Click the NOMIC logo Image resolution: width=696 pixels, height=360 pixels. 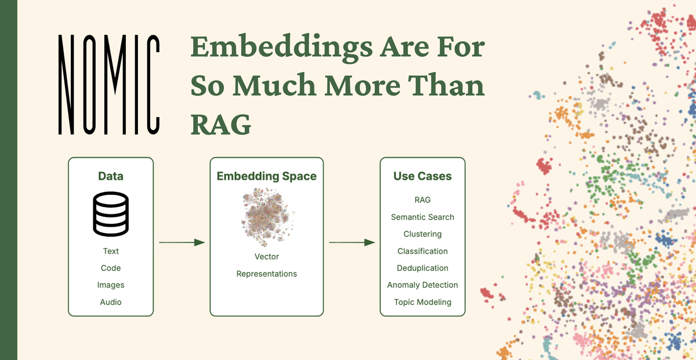[x=109, y=84]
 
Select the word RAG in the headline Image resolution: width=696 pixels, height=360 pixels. [x=221, y=123]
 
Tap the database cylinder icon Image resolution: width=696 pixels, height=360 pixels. [x=111, y=214]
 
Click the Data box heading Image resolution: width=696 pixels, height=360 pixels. [x=110, y=176]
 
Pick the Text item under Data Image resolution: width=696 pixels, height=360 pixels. [x=111, y=251]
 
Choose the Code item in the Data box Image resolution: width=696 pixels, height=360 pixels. [x=111, y=268]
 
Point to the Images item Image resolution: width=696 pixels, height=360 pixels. [x=111, y=285]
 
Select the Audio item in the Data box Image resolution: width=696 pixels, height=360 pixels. [x=111, y=301]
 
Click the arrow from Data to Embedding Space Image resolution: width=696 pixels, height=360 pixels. [x=182, y=242]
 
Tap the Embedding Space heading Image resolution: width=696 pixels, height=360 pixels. [x=267, y=176]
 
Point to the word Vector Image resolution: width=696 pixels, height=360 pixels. [x=267, y=256]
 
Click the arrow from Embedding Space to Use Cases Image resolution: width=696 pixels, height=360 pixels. [x=352, y=242]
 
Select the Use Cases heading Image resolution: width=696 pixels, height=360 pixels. [x=422, y=176]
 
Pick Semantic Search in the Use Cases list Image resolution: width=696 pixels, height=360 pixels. [x=422, y=217]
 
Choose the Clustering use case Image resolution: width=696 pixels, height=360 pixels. [x=422, y=234]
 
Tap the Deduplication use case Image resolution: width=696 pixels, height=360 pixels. [x=422, y=268]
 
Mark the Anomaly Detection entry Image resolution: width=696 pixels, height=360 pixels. [x=422, y=285]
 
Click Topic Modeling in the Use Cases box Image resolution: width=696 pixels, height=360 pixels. [x=422, y=302]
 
